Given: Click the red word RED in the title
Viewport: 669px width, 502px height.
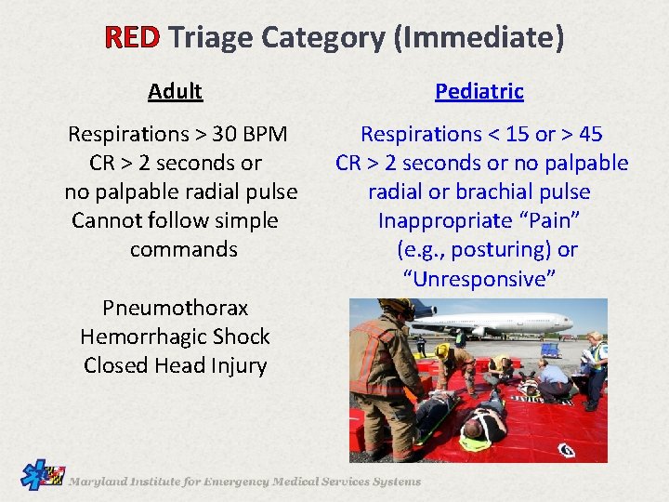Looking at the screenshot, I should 133,37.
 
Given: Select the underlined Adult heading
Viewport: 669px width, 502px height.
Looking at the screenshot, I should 175,91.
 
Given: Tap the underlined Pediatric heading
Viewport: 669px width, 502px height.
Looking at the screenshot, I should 479,91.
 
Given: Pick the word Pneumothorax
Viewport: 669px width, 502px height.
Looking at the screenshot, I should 175,308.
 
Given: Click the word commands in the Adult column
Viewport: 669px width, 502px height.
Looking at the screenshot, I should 183,250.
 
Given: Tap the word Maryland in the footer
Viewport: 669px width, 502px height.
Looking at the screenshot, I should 101,482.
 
